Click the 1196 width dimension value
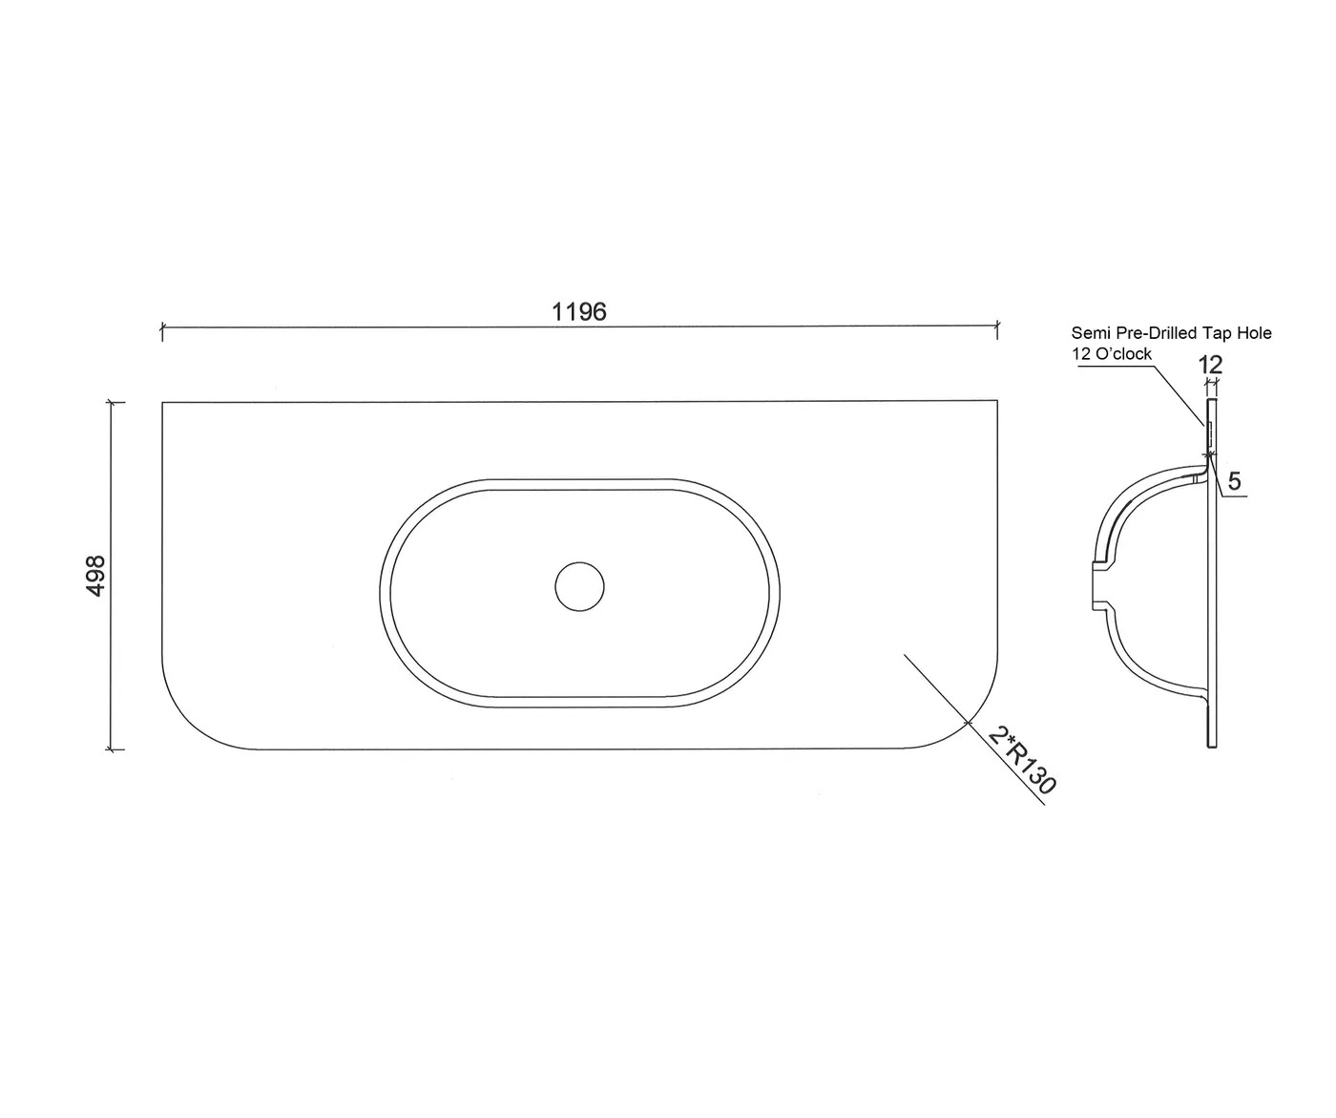pos(578,312)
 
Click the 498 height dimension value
pos(95,577)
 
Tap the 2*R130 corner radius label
pos(1021,760)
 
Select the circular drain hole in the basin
pos(579,586)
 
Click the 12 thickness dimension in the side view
pos(1210,365)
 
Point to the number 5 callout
pos(1234,481)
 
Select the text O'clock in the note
pos(1124,353)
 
